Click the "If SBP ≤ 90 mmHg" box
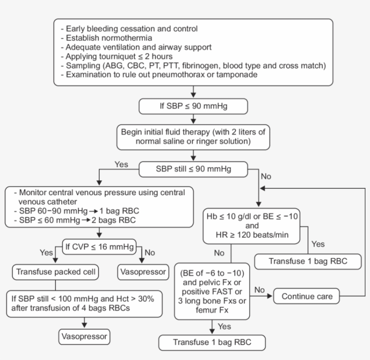(193, 107)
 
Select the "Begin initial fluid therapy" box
(193, 137)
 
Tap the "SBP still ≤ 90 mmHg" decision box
(193, 170)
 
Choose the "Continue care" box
(307, 296)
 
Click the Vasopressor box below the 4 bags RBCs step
(84, 337)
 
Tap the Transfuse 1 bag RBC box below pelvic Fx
(212, 342)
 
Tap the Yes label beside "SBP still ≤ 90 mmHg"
(121, 164)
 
